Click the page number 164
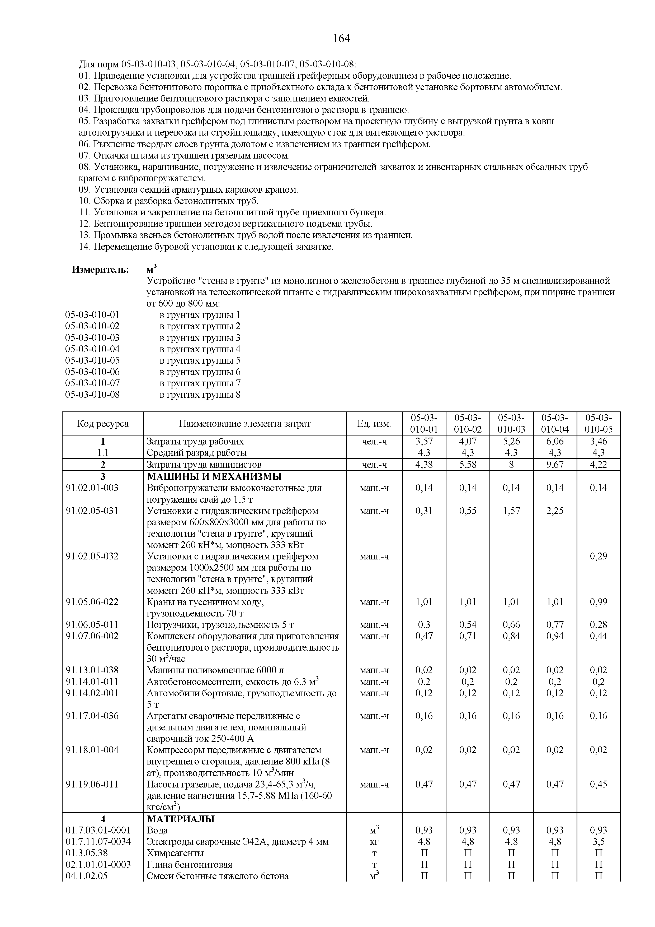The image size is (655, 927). click(341, 39)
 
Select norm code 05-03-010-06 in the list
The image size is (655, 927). click(92, 372)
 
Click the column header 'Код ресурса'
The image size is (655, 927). click(103, 424)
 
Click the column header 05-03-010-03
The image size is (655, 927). click(511, 424)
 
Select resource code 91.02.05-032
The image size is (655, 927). click(92, 556)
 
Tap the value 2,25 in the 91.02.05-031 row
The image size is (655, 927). click(555, 511)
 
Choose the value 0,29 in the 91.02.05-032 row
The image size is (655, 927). click(598, 556)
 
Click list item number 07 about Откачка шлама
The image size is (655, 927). click(184, 155)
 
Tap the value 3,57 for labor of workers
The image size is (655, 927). click(424, 441)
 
